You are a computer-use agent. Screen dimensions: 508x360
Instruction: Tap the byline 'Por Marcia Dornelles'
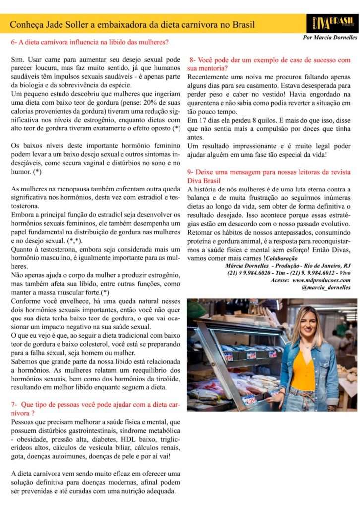click(x=330, y=38)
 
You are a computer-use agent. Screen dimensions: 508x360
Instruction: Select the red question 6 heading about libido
click(x=90, y=43)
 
